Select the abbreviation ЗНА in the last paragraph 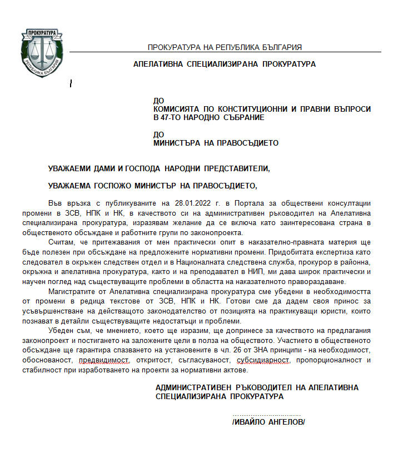[x=240, y=350]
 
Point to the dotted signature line [x=266, y=415]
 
